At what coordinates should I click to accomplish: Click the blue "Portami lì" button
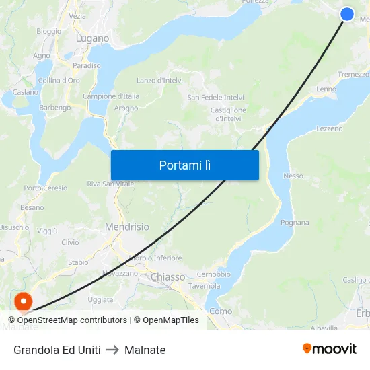(x=184, y=165)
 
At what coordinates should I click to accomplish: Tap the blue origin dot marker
(x=347, y=14)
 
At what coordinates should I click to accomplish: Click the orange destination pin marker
(x=24, y=302)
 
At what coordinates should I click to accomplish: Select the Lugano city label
(x=92, y=38)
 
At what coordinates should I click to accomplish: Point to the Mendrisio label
(x=126, y=227)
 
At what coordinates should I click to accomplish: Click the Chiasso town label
(x=168, y=276)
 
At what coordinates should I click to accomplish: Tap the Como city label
(x=221, y=311)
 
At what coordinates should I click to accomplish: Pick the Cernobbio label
(x=214, y=274)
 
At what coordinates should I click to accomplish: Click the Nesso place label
(x=293, y=176)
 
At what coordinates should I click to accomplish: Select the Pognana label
(x=295, y=223)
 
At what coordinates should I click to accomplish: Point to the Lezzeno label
(x=329, y=128)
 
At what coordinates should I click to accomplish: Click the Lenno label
(x=326, y=89)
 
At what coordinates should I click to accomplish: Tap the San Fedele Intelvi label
(x=215, y=97)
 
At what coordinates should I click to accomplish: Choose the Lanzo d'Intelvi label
(x=159, y=81)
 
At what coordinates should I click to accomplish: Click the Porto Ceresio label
(x=46, y=188)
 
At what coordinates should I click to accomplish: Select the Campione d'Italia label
(x=111, y=96)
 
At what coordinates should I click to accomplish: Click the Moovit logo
(x=330, y=348)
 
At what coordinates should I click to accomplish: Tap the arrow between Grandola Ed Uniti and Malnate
(x=112, y=350)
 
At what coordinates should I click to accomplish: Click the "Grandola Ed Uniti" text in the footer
(x=57, y=350)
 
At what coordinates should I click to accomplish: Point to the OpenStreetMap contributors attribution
(x=67, y=320)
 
